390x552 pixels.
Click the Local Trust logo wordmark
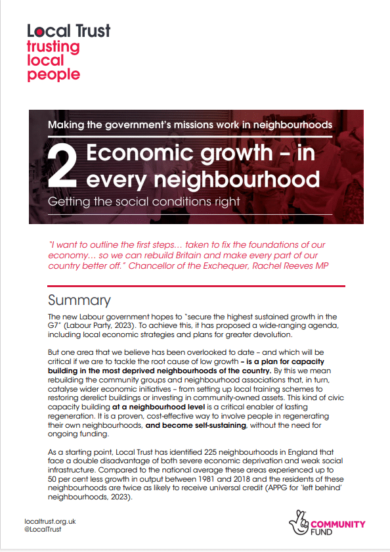(x=69, y=30)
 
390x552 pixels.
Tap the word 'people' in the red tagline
(x=53, y=74)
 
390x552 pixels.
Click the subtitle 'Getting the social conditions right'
(x=144, y=200)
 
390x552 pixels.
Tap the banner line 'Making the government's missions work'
(x=190, y=124)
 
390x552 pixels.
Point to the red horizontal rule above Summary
(x=196, y=286)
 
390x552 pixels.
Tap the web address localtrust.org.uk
(x=50, y=520)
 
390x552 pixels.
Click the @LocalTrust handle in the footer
(x=43, y=529)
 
